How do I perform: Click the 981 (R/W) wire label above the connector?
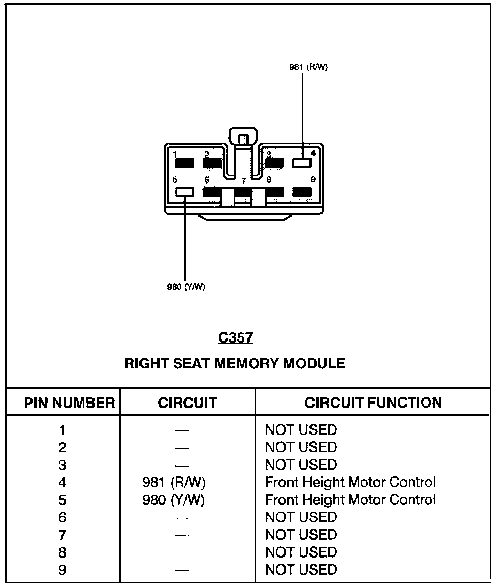coord(308,67)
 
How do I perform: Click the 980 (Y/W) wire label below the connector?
coord(186,287)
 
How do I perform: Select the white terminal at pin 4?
coord(302,163)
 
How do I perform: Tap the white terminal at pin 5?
coord(184,192)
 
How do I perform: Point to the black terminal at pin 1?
coord(184,163)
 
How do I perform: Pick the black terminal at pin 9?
coord(302,192)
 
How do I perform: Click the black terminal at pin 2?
coord(212,163)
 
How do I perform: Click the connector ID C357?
coord(235,338)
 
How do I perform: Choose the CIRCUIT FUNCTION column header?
coord(373,403)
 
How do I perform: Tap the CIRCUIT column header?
coord(187,403)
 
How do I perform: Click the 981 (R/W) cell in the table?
coord(174,483)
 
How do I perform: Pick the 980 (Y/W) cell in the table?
coord(174,500)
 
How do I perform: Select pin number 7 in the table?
coord(62,535)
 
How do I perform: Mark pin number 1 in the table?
coord(62,430)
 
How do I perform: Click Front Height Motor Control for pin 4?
coord(350,483)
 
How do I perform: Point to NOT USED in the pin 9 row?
coord(301,570)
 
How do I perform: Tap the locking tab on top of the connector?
coord(243,137)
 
